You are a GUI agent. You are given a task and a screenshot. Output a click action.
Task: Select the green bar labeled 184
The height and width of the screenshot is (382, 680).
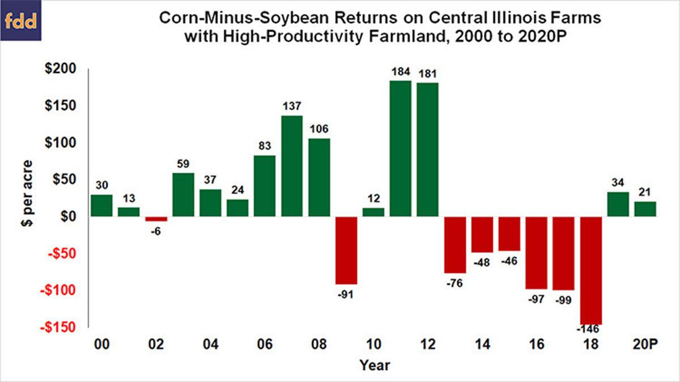point(401,148)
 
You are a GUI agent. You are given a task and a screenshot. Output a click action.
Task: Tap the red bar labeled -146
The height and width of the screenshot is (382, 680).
point(591,270)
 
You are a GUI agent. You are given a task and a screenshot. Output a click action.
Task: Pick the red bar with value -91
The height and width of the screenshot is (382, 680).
point(346,250)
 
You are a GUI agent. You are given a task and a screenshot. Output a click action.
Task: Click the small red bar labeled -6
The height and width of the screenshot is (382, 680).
point(156,218)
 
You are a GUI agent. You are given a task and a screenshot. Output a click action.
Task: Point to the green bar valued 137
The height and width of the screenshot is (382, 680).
point(292,166)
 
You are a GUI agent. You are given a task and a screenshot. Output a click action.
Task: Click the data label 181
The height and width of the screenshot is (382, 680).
point(428,74)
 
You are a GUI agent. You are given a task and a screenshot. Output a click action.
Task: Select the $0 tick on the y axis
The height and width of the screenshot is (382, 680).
point(71,217)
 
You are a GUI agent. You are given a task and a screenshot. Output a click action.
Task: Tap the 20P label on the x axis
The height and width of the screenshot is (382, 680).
point(645,345)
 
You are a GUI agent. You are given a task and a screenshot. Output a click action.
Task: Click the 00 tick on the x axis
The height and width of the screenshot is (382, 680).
point(102,345)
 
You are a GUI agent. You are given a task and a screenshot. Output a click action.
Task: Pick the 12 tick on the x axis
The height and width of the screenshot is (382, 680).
point(428,345)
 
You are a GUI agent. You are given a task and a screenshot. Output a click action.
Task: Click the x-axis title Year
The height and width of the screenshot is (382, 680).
point(375,366)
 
